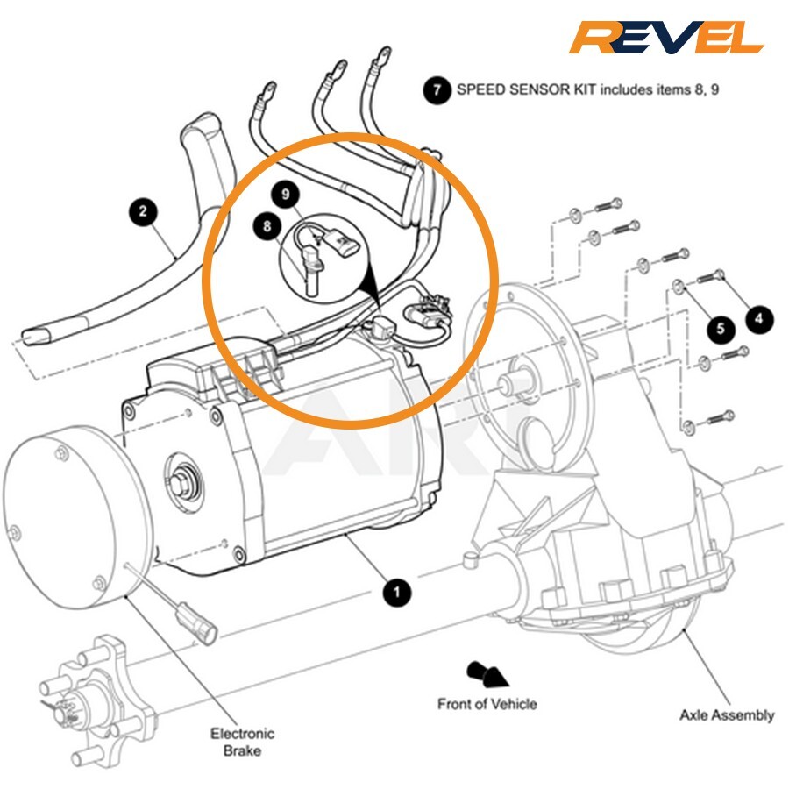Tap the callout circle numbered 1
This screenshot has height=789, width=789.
(x=397, y=592)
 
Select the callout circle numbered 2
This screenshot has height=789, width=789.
(x=143, y=211)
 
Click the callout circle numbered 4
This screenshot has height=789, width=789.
(x=758, y=317)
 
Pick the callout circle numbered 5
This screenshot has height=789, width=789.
(x=721, y=328)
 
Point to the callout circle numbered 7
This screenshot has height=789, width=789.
(x=437, y=90)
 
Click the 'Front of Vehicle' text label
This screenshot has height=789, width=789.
(x=487, y=703)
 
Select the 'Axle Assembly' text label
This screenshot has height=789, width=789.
(x=727, y=714)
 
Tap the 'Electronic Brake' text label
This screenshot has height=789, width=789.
(x=242, y=742)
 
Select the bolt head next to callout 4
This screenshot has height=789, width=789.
(x=720, y=274)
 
